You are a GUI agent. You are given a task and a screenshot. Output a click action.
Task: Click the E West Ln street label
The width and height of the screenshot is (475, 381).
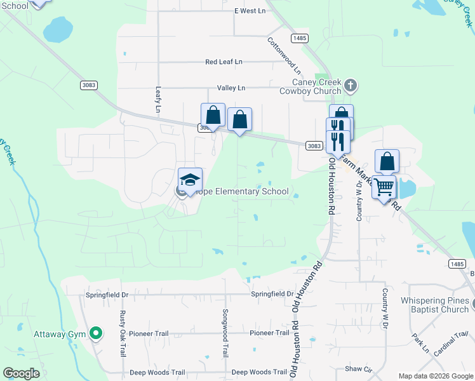(250, 11)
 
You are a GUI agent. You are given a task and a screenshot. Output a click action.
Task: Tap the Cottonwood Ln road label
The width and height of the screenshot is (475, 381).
(284, 54)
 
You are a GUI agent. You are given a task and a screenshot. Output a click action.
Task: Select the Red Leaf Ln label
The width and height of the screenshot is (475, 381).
(224, 62)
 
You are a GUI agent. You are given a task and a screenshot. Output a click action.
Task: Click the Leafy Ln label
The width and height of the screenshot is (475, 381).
(158, 100)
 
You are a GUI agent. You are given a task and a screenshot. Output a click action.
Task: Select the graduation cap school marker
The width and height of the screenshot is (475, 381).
(190, 180)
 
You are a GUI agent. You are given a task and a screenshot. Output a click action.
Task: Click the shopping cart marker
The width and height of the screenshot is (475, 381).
(384, 187)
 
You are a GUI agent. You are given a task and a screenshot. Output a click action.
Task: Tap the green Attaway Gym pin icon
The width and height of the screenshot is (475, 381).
(96, 333)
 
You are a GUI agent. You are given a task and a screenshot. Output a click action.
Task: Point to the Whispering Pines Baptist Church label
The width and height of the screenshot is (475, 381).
(434, 305)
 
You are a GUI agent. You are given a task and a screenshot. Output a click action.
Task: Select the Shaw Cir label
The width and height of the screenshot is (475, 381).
(358, 369)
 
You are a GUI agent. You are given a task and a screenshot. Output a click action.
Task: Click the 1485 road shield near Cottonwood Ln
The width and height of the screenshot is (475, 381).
(300, 39)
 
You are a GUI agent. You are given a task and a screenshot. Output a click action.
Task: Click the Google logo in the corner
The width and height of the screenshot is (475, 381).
(22, 373)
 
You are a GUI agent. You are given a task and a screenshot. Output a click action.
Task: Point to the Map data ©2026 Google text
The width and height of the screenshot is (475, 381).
(436, 376)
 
